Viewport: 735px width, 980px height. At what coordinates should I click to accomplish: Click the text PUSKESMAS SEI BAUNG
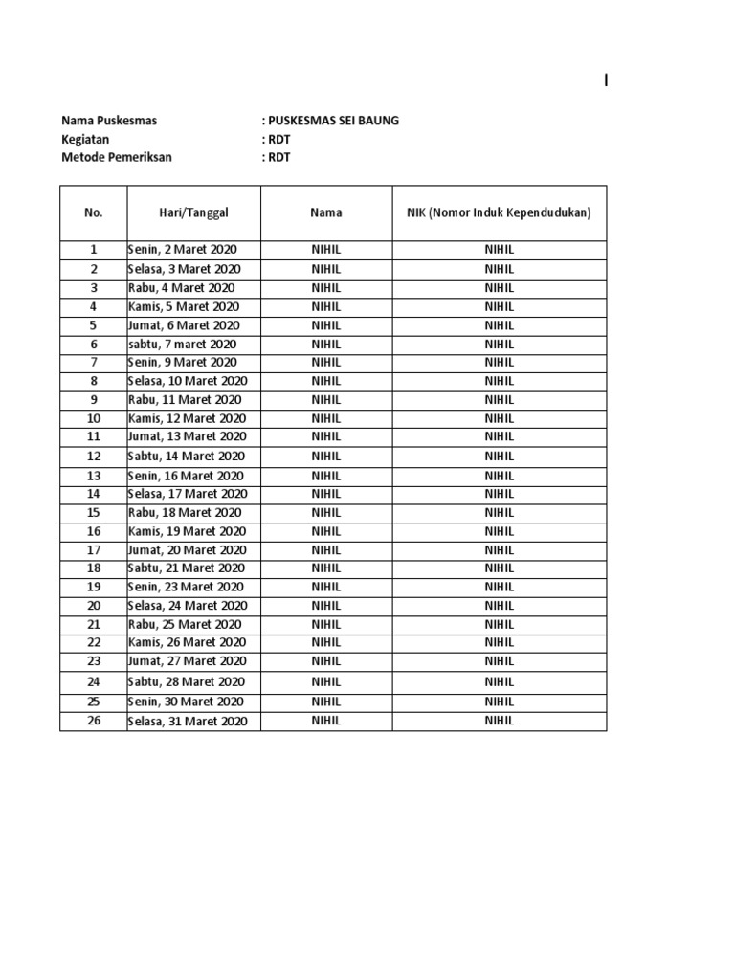(x=333, y=121)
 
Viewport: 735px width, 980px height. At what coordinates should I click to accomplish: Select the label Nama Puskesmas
(x=109, y=121)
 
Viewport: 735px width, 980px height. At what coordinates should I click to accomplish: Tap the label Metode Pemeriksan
(x=117, y=157)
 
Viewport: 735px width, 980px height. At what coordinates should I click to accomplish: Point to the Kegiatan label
(x=85, y=139)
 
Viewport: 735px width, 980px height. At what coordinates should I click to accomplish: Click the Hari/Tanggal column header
(x=194, y=212)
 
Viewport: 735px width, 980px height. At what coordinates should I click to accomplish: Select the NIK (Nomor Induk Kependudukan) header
(x=499, y=212)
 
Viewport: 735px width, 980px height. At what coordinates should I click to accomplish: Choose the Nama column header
(x=325, y=212)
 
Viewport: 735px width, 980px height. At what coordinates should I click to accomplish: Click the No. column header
(x=93, y=212)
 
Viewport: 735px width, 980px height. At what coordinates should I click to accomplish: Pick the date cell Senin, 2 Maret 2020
(x=182, y=250)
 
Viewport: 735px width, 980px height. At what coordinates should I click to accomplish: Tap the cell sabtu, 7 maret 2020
(x=182, y=344)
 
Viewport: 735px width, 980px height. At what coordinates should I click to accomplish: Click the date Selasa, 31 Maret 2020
(x=188, y=721)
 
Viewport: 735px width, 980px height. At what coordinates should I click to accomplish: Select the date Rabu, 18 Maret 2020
(x=184, y=512)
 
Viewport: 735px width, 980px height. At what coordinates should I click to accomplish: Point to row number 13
(x=94, y=476)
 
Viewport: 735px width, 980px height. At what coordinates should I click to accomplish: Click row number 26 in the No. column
(x=94, y=721)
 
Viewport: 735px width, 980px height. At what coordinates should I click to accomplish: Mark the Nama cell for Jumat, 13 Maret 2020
(x=325, y=436)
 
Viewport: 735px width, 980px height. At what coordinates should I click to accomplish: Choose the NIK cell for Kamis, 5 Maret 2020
(x=499, y=307)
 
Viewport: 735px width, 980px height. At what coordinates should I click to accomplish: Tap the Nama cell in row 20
(x=325, y=605)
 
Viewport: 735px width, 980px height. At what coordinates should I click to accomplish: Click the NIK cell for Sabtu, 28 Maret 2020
(x=499, y=682)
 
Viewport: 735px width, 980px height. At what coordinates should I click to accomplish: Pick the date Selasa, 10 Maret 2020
(x=188, y=381)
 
